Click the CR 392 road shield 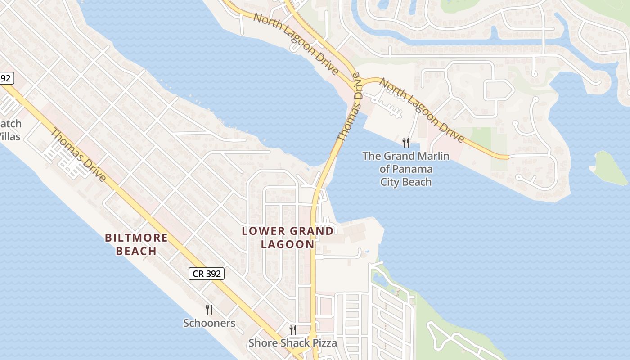[206, 273]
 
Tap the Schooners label [209, 323]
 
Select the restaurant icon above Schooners [209, 310]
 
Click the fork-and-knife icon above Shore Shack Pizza [292, 330]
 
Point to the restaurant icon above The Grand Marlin [406, 143]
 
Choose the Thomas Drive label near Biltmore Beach [78, 155]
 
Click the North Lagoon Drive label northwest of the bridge [296, 44]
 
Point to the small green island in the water [611, 168]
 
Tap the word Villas [10, 136]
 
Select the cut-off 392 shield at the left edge [5, 78]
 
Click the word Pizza [323, 343]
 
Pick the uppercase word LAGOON [288, 244]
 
